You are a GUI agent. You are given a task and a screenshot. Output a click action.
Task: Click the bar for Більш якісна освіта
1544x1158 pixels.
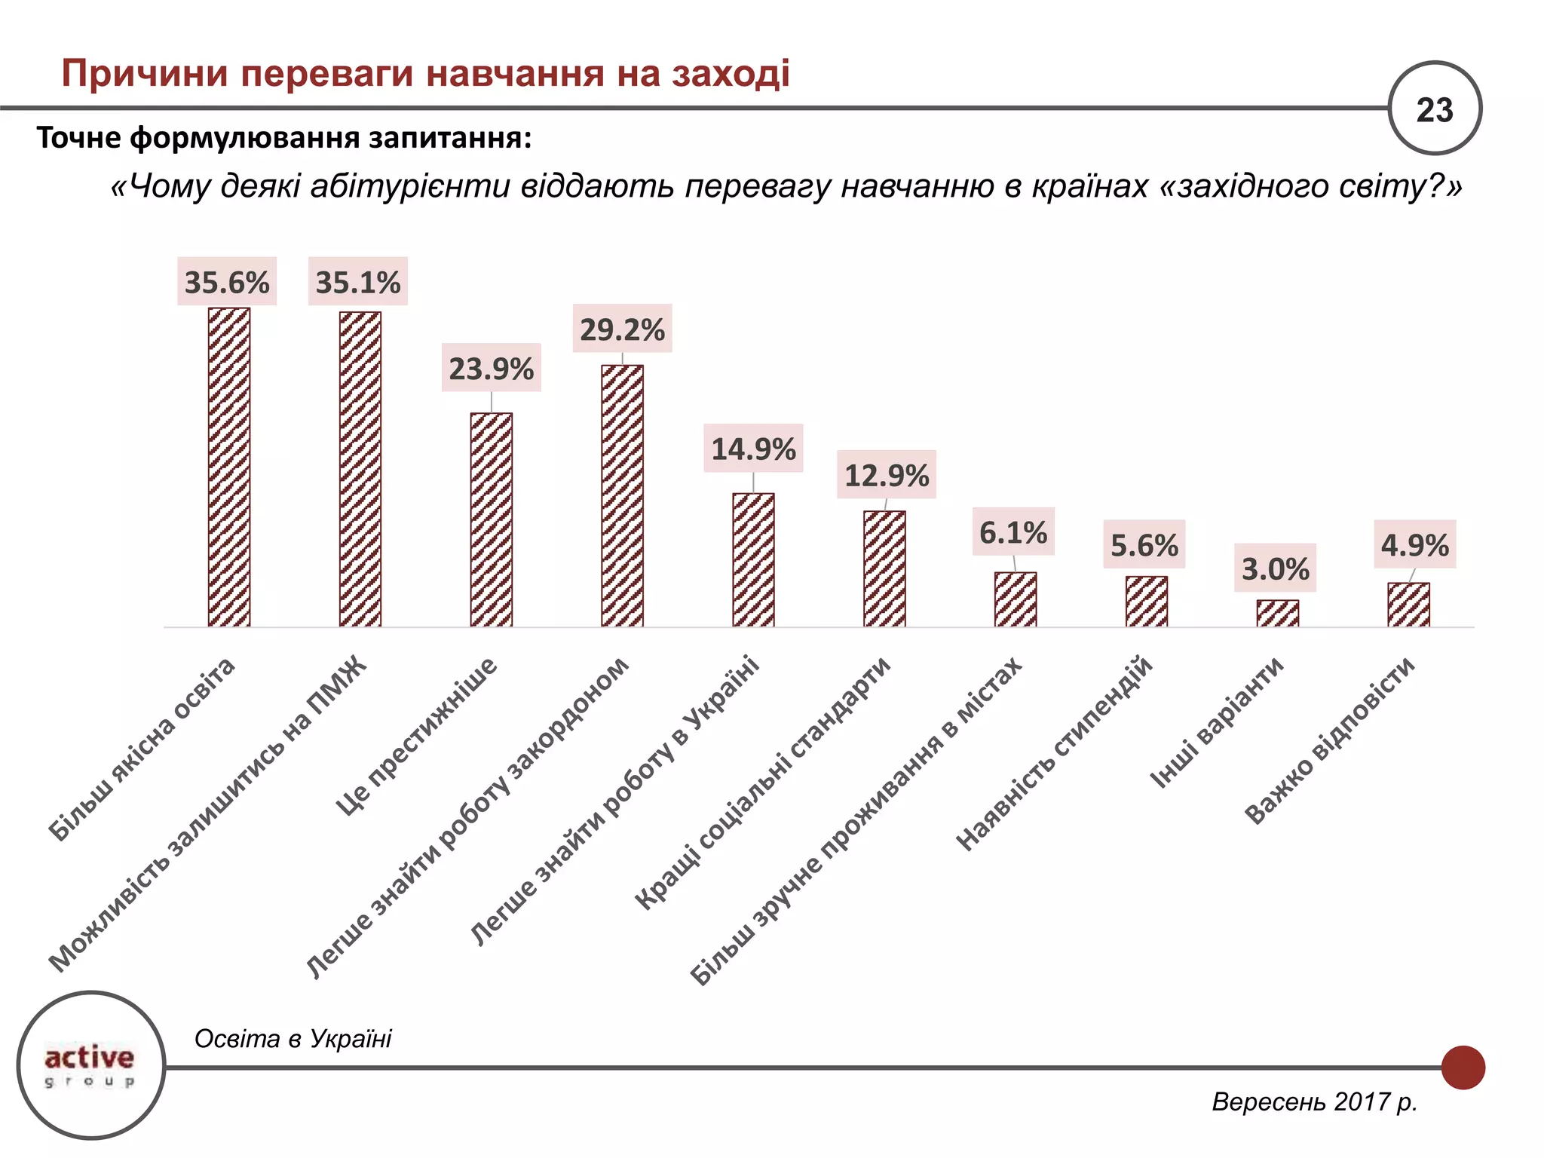pos(229,467)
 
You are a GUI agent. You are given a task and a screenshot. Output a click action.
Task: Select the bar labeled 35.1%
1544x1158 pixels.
pos(360,469)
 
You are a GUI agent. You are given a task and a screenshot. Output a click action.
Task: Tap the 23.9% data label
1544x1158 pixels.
pos(492,368)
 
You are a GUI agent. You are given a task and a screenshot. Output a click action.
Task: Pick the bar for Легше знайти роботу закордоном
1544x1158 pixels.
pos(622,495)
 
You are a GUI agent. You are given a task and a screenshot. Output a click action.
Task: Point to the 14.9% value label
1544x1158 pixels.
pos(753,449)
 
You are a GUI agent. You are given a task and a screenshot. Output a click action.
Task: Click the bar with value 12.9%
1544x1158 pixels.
pos(884,568)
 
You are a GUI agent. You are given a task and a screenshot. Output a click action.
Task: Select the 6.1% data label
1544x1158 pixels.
pos(1013,532)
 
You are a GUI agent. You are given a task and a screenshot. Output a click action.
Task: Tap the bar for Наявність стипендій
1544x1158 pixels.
pos(1147,602)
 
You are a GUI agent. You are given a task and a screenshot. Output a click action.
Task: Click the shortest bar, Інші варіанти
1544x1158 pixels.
pos(1277,613)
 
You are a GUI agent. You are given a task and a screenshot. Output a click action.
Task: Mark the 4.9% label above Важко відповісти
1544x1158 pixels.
pos(1414,544)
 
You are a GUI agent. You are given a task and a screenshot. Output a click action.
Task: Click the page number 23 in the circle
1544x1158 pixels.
pos(1434,109)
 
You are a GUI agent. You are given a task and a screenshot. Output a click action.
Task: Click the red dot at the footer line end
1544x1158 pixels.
pos(1463,1068)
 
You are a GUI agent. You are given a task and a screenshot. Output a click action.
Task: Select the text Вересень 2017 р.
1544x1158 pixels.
pos(1314,1101)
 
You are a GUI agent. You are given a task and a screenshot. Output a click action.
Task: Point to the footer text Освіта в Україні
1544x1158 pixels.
pos(293,1039)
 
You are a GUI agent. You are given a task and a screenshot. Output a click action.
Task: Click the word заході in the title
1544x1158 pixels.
pos(730,74)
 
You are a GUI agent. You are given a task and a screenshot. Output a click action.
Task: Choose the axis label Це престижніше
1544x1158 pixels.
pos(417,737)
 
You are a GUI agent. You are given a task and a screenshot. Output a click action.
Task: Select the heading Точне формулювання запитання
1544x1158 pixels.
pos(284,138)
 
